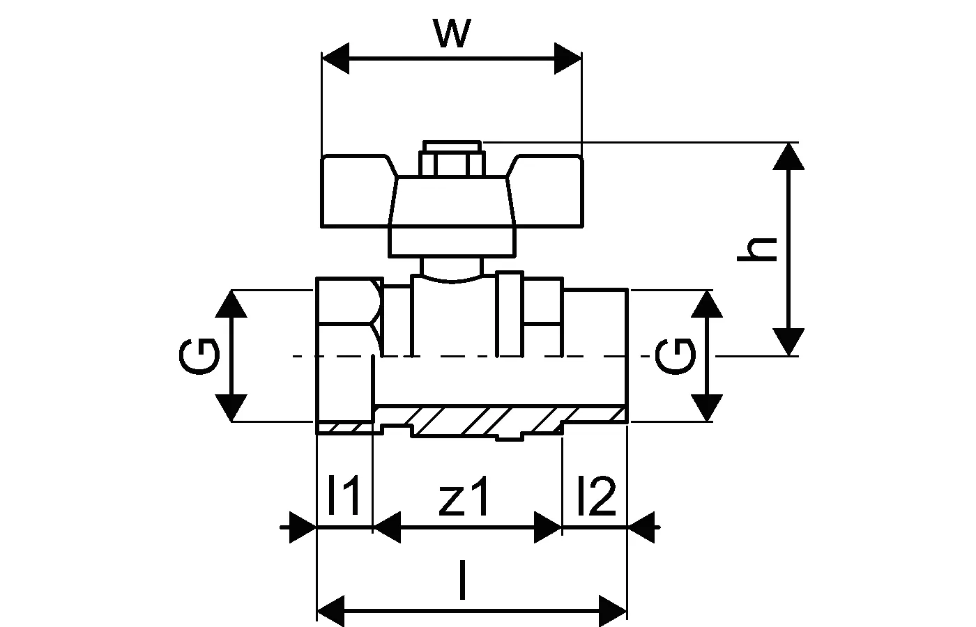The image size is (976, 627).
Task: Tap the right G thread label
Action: pos(675,355)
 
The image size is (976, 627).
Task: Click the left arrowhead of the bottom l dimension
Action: pos(330,607)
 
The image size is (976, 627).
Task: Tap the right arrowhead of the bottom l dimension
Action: pos(613,607)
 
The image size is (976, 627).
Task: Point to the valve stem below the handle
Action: pos(452,268)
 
